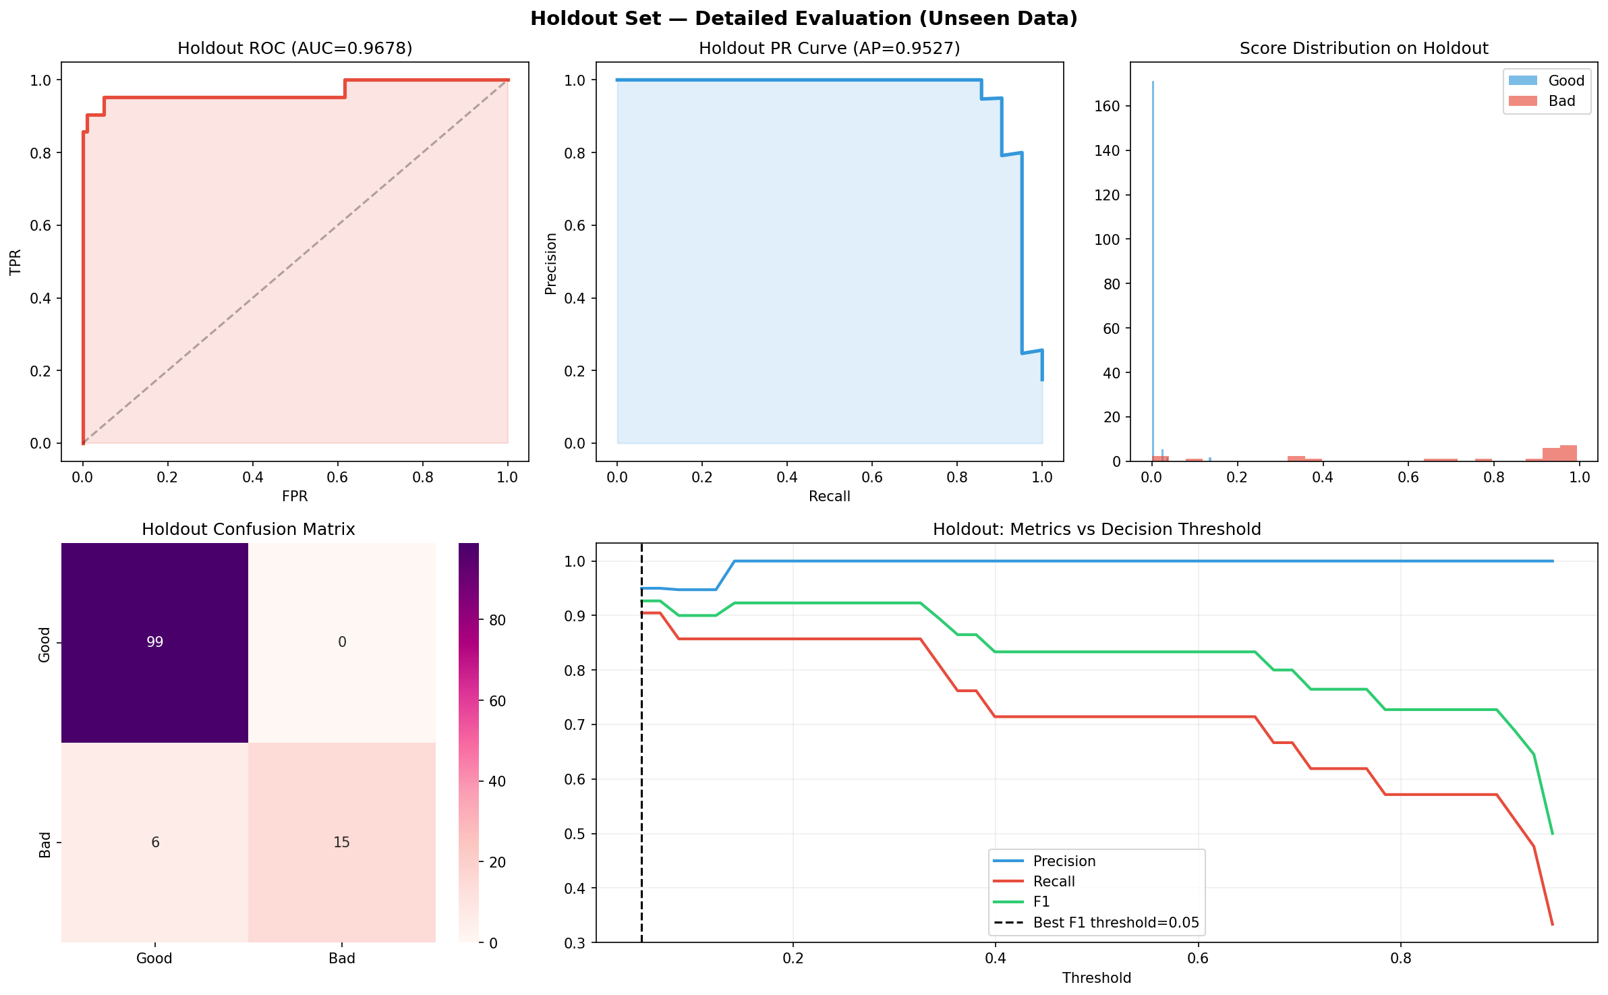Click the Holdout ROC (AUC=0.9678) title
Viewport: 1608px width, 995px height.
[x=295, y=49]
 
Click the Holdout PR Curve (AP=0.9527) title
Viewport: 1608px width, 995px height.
[x=829, y=49]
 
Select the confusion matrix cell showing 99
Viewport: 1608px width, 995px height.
[x=154, y=642]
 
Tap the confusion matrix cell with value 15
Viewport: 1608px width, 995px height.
[x=341, y=842]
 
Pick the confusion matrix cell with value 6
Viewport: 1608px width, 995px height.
[x=154, y=842]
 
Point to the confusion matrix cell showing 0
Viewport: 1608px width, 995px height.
[x=341, y=642]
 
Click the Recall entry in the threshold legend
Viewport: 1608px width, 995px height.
[x=1054, y=882]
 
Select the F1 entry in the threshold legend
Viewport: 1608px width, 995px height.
[x=1041, y=902]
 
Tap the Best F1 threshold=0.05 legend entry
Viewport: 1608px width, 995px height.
[x=1116, y=923]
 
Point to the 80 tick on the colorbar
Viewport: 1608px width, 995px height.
[x=497, y=621]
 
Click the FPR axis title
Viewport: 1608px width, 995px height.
[x=295, y=496]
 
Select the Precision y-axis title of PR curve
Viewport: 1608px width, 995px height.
[x=551, y=264]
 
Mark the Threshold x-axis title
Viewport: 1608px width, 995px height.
[x=1096, y=978]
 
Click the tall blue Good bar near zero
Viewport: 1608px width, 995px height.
[x=1153, y=270]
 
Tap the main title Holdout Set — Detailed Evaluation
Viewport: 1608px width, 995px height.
[x=803, y=19]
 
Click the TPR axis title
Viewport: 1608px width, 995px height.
[x=16, y=262]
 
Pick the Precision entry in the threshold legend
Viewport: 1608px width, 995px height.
[x=1064, y=861]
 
